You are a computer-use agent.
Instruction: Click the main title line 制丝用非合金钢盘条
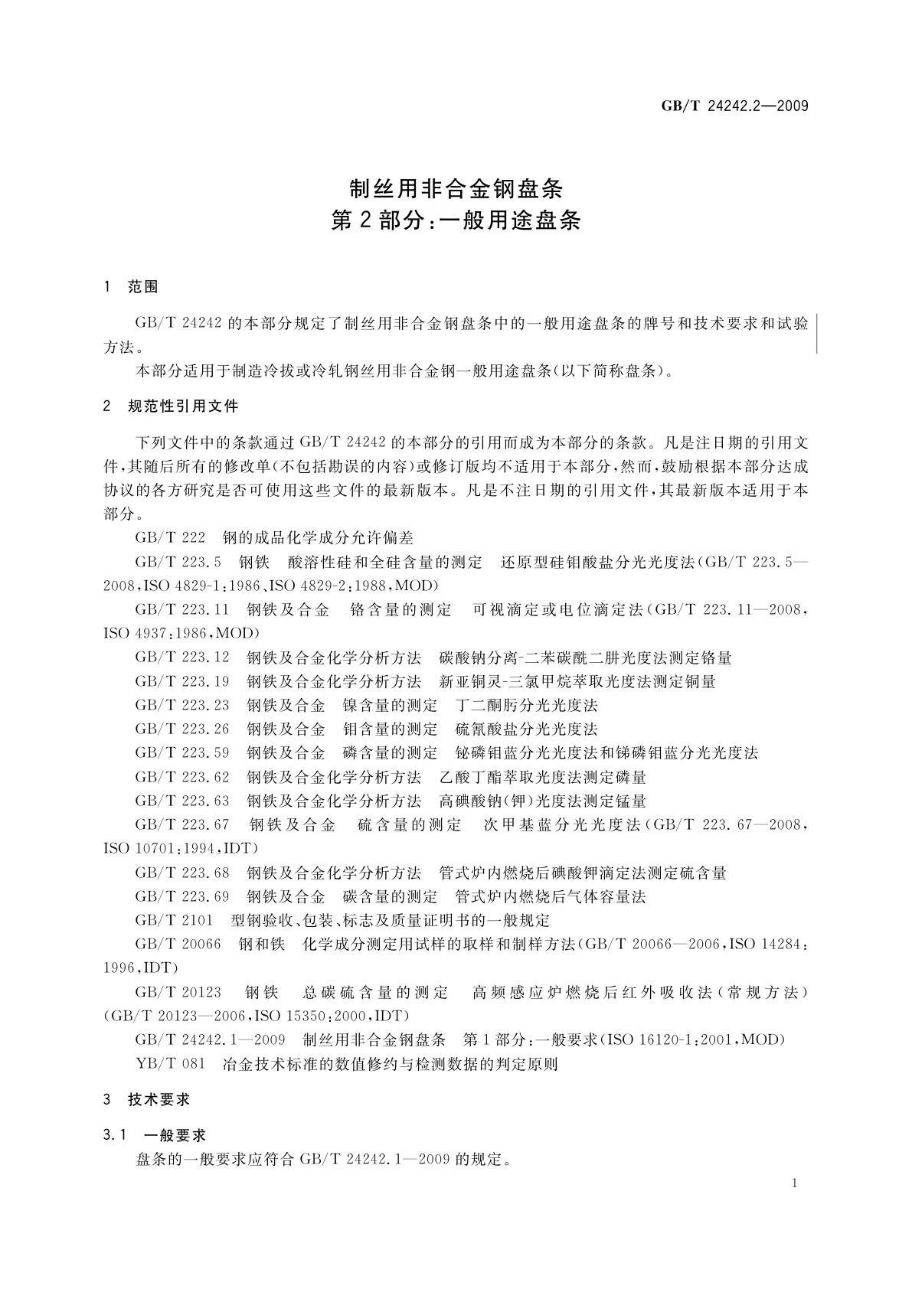[x=456, y=188]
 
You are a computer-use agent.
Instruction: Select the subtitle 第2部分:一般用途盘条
[x=456, y=221]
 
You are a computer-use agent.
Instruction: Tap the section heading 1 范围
[x=131, y=287]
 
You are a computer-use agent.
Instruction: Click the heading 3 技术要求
[x=147, y=1099]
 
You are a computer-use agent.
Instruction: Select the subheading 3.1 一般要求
[x=155, y=1135]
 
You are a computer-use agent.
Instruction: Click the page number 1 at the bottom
[x=795, y=1183]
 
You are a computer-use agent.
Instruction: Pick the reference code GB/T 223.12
[x=182, y=658]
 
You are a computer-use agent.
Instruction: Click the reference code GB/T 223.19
[x=182, y=681]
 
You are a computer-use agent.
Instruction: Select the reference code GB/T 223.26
[x=182, y=729]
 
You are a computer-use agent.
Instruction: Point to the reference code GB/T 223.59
[x=182, y=753]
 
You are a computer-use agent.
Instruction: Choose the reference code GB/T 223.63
[x=182, y=801]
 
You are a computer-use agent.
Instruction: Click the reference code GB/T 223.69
[x=182, y=896]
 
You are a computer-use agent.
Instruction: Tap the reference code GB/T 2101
[x=174, y=920]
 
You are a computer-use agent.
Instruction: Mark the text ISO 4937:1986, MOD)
[x=182, y=634]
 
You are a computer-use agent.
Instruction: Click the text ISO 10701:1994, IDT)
[x=181, y=849]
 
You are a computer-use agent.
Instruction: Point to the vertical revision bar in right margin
[x=817, y=333]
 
